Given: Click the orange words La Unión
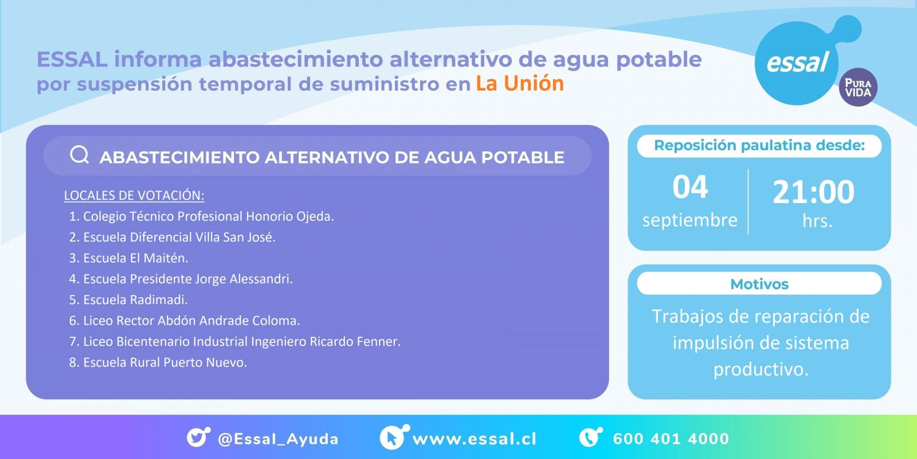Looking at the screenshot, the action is (519, 83).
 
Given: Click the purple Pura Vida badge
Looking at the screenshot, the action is (858, 87).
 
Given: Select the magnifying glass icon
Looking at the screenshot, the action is (80, 155).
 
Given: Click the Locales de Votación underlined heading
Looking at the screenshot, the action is (134, 196).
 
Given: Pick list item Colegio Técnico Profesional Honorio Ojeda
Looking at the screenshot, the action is (201, 216).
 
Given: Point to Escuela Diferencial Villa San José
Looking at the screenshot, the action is (173, 238).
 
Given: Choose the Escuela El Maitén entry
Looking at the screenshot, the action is (128, 258).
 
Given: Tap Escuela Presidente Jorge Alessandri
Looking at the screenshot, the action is (181, 279).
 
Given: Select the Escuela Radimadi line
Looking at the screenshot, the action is (128, 300).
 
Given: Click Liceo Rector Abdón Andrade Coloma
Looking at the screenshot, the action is (185, 321).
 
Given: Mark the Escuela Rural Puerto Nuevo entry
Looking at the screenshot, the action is (158, 362).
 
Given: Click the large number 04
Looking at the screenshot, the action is (690, 187).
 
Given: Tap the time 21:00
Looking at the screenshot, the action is (813, 192).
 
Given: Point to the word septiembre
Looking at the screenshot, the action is (690, 220).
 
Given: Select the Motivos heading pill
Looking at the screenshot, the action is (759, 283).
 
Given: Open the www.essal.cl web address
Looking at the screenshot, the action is (475, 439).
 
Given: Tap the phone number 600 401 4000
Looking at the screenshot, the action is (671, 439).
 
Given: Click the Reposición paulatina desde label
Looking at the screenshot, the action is (759, 146).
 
